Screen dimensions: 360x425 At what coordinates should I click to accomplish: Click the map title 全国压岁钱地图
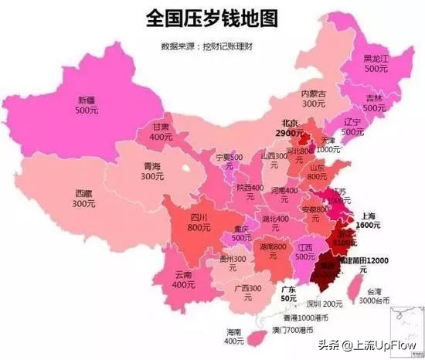[212, 18]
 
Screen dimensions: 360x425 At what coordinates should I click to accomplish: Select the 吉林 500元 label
[374, 104]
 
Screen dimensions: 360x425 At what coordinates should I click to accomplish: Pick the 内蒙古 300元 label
[313, 98]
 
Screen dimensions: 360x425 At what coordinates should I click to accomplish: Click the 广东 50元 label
[291, 293]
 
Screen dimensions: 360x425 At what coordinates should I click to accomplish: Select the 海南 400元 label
[234, 336]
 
